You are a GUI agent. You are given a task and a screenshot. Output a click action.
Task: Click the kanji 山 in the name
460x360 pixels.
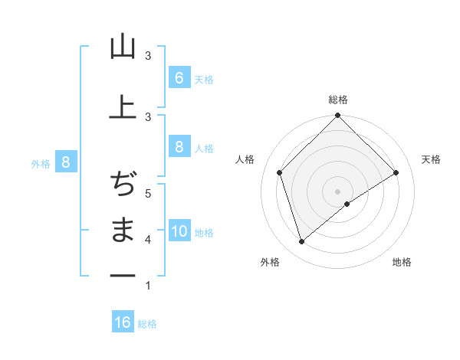click(x=123, y=48)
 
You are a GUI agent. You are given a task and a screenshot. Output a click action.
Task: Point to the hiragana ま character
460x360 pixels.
click(x=123, y=230)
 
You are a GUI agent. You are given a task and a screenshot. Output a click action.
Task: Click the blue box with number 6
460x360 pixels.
click(x=179, y=78)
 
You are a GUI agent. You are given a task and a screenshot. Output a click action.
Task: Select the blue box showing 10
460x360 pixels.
click(x=179, y=232)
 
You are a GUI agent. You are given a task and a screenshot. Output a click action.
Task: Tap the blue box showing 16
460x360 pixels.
click(x=123, y=322)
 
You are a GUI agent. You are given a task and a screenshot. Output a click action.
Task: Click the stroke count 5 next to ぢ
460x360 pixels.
click(x=147, y=192)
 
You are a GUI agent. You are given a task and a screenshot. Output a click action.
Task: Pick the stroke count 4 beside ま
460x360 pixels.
click(x=147, y=240)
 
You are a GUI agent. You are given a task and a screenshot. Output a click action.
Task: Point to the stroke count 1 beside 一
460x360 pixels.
click(x=147, y=286)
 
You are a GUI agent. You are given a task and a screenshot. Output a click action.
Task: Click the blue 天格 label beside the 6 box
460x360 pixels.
click(x=204, y=80)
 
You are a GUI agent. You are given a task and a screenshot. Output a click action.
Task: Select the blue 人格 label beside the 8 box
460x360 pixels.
click(x=204, y=148)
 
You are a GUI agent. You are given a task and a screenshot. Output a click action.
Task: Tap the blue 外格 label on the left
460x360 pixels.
click(x=41, y=163)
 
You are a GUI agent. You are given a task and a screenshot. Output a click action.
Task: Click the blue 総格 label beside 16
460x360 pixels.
click(x=147, y=324)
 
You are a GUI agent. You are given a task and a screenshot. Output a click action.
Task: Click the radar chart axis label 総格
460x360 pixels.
click(x=337, y=100)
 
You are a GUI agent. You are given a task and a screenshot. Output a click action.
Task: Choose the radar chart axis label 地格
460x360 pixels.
click(x=402, y=262)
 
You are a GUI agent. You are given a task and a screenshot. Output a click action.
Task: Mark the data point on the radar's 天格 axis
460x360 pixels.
click(x=396, y=173)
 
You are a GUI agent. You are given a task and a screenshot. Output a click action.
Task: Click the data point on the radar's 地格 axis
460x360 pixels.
click(x=347, y=204)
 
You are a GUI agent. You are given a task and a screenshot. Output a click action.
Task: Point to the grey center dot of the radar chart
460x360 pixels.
click(x=337, y=191)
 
